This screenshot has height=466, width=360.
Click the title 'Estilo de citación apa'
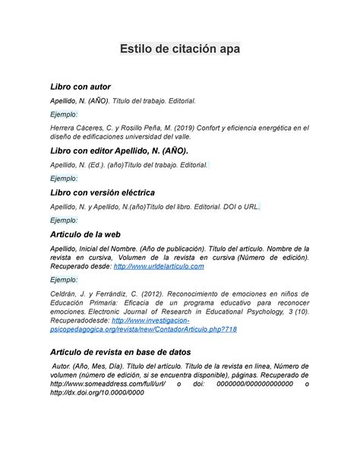[179, 49]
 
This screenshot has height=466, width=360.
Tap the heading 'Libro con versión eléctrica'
[102, 193]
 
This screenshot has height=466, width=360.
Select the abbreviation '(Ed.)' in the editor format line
[98, 164]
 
